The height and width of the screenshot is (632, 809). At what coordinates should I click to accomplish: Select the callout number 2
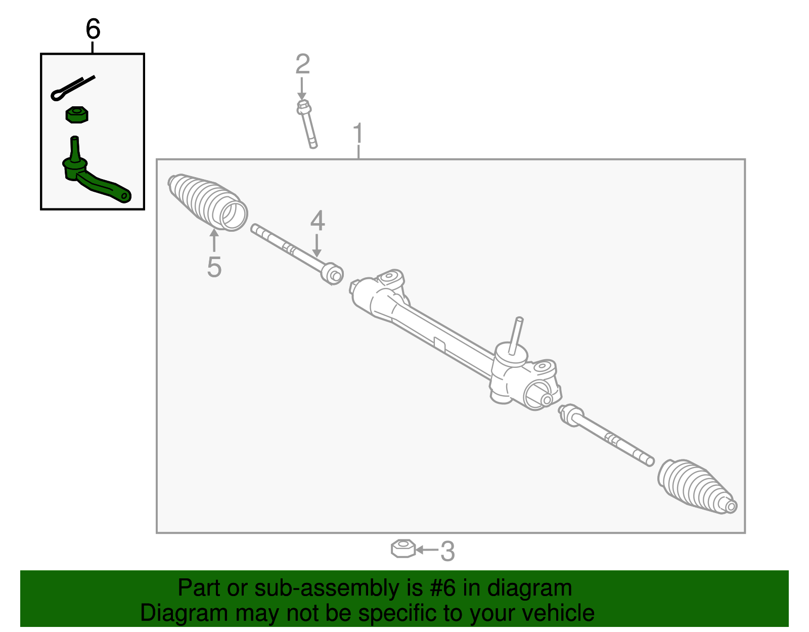click(x=302, y=64)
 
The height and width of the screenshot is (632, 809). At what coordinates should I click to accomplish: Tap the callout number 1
click(x=358, y=134)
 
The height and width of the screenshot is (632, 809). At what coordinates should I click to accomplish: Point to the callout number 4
click(x=317, y=221)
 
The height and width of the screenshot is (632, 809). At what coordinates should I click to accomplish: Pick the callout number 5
click(x=214, y=267)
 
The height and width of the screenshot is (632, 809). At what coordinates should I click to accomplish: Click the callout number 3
click(x=447, y=551)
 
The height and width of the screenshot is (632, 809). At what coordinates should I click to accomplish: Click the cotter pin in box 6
click(x=72, y=88)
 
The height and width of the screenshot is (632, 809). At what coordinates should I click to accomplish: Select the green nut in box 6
click(x=77, y=114)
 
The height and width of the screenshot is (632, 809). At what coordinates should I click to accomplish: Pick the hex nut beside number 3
click(x=403, y=549)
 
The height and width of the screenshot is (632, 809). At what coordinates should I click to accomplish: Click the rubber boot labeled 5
click(x=207, y=202)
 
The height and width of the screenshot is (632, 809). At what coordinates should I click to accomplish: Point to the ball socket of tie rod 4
click(x=332, y=273)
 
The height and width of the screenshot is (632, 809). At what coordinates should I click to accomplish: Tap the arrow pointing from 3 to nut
click(x=426, y=550)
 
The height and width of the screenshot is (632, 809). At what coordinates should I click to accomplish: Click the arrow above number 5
click(x=214, y=241)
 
